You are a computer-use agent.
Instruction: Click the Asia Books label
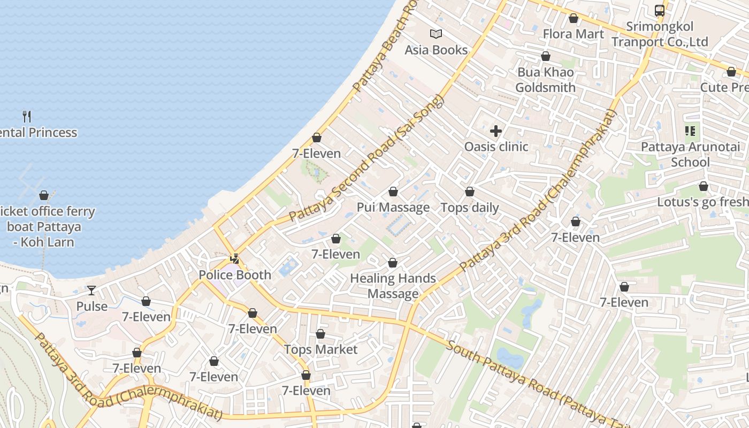(x=436, y=50)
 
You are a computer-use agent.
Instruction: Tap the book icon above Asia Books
(x=436, y=34)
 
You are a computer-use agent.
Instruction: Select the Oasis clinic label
(x=496, y=147)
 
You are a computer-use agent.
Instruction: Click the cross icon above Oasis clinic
(x=496, y=131)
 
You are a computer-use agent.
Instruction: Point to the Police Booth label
(x=235, y=275)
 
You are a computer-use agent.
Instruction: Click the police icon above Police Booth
(x=234, y=259)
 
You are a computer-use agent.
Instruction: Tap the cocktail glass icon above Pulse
(x=91, y=291)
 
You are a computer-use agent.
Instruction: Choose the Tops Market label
(x=320, y=349)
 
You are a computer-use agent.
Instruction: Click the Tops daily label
(x=470, y=208)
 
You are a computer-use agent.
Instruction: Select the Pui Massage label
(x=393, y=208)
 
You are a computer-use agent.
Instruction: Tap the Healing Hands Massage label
(x=393, y=286)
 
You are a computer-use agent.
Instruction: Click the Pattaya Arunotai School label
(x=690, y=154)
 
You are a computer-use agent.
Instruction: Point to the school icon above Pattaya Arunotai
(x=690, y=131)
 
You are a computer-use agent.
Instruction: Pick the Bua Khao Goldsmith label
(x=546, y=80)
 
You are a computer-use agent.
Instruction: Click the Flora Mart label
(x=574, y=34)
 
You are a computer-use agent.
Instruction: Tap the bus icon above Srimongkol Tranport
(x=660, y=10)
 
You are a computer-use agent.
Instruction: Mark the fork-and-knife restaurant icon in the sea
(x=27, y=116)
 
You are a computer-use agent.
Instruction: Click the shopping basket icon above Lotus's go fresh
(x=704, y=186)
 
